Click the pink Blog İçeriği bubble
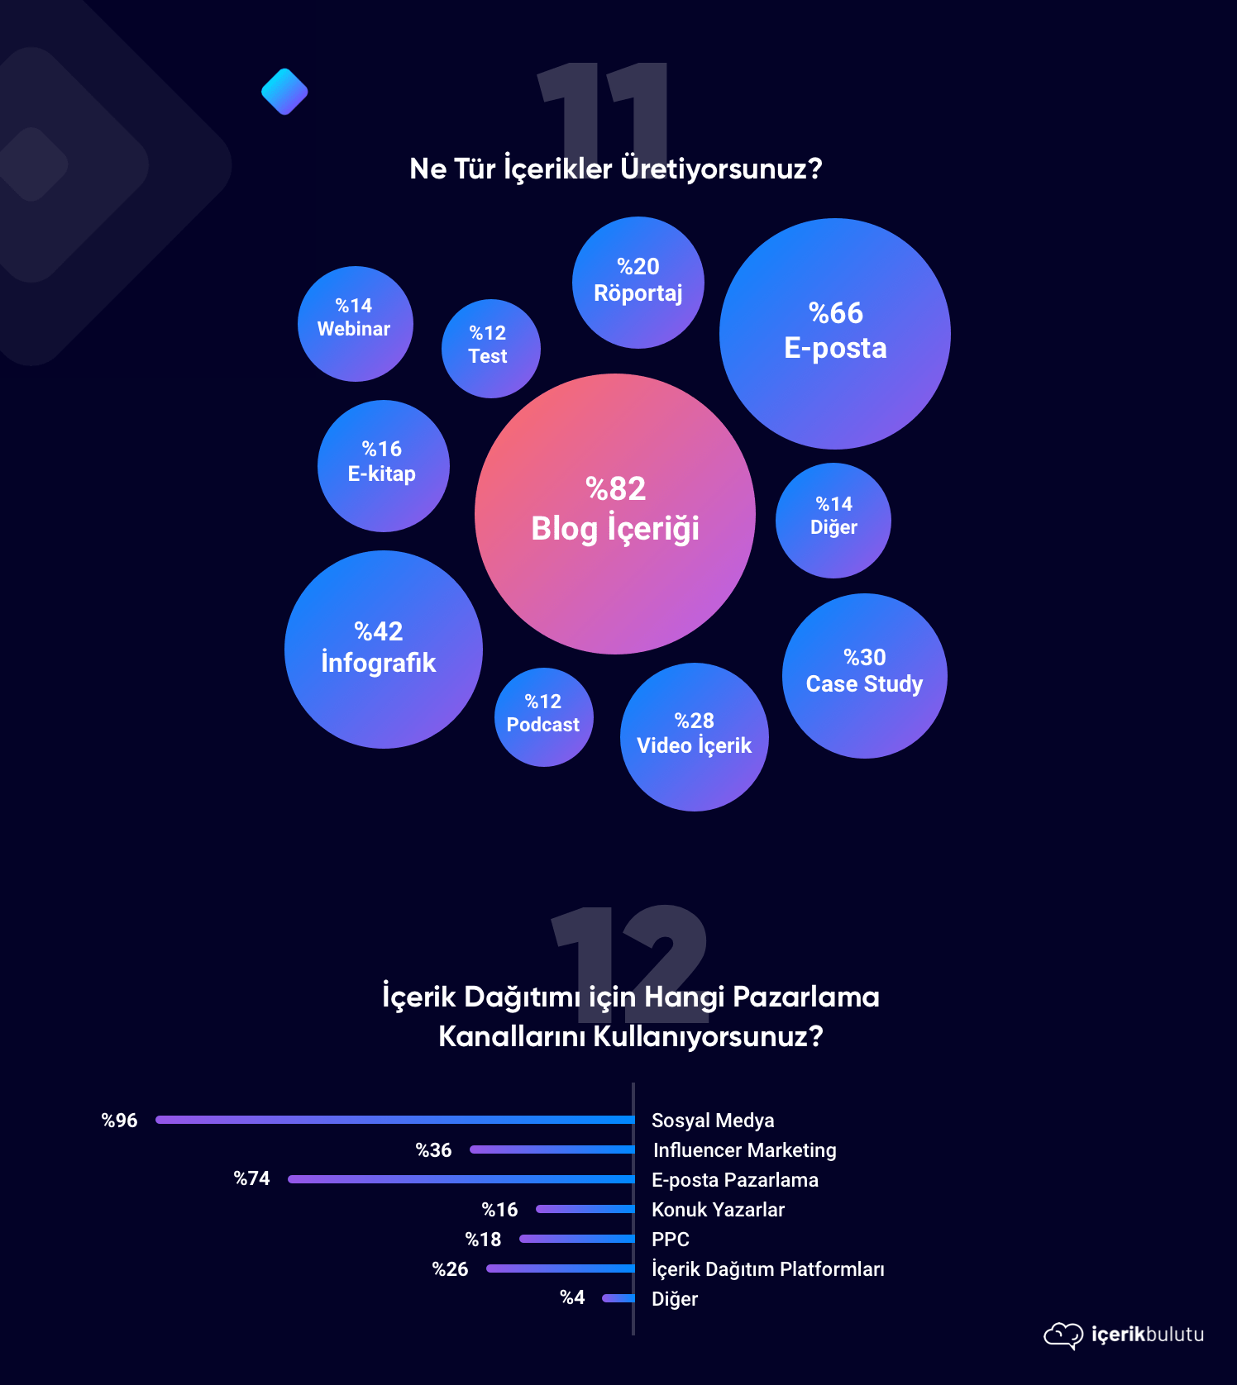pos(615,514)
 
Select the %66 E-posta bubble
pos(835,334)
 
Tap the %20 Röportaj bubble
pos(638,282)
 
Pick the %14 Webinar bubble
pos(355,323)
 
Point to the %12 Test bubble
pos(490,348)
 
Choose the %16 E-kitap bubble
pos(383,465)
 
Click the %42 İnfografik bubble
pos(383,650)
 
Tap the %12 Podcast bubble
pos(543,716)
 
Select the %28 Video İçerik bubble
pos(694,736)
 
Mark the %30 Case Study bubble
pos(864,675)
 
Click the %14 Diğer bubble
pos(833,520)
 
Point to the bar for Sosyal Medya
pos(394,1120)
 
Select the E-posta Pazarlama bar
pos(461,1179)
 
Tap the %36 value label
pos(433,1150)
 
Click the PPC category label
pos(670,1240)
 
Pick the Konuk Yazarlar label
pos(718,1210)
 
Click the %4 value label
pos(572,1297)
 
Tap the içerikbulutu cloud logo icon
pos(1063,1335)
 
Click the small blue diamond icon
pos(284,92)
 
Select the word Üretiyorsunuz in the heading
pos(721,169)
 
